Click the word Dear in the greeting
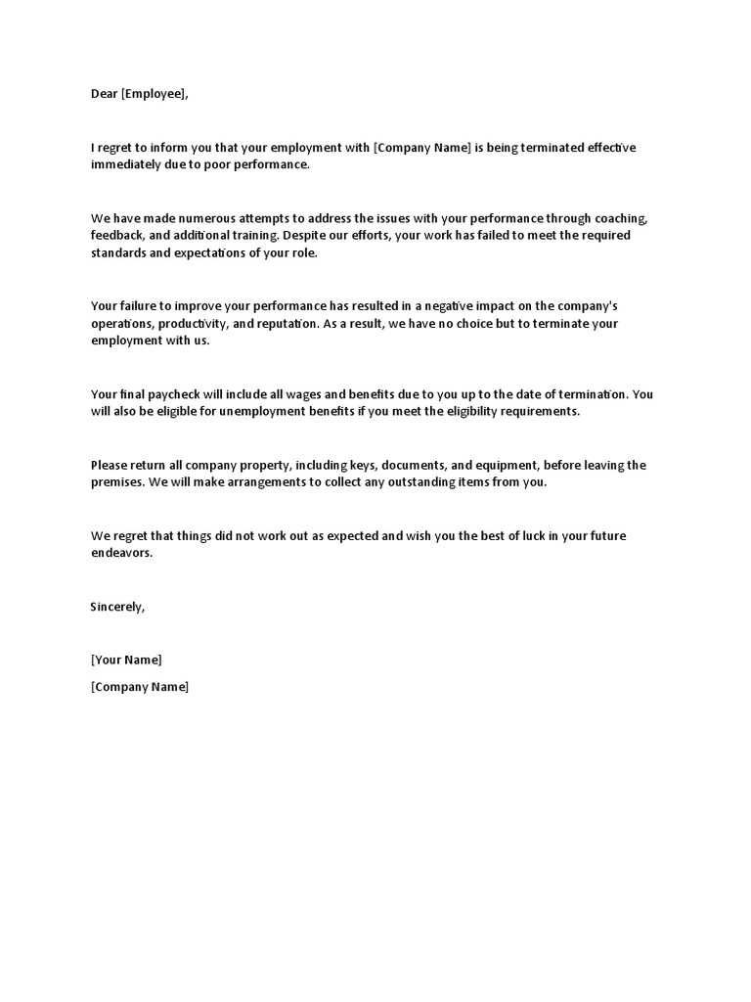pyautogui.click(x=104, y=94)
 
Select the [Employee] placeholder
pyautogui.click(x=153, y=94)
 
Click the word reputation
pyautogui.click(x=282, y=324)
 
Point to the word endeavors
pyautogui.click(x=121, y=553)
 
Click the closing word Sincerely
pyautogui.click(x=116, y=607)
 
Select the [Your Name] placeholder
pyautogui.click(x=126, y=660)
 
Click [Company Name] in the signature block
pyautogui.click(x=139, y=687)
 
